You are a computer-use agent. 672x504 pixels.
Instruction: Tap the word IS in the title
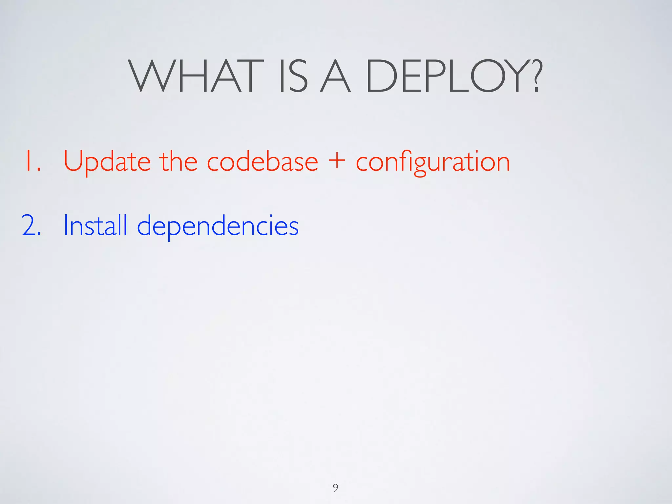click(x=293, y=76)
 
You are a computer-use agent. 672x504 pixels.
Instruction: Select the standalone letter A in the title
click(x=335, y=76)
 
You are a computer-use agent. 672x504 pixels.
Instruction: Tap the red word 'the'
click(x=178, y=161)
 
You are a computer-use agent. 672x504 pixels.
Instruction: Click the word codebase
click(x=262, y=161)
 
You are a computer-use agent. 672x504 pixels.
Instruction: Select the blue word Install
click(x=95, y=225)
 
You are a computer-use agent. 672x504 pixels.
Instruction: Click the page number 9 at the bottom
click(x=335, y=488)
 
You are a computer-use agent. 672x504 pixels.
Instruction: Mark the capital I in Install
click(x=66, y=225)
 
